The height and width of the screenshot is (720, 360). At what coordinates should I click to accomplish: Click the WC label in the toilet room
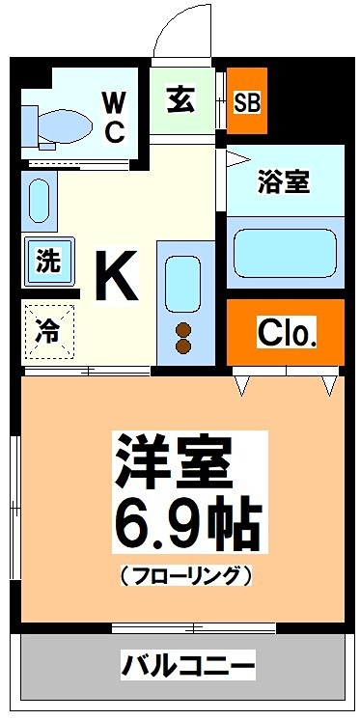point(114,117)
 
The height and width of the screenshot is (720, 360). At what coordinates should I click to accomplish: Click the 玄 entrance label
point(180,99)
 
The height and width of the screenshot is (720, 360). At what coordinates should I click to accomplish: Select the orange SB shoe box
point(248,101)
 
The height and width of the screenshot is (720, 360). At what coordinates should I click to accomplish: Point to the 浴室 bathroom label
point(284,181)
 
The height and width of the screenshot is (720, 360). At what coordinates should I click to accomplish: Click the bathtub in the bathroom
point(285,251)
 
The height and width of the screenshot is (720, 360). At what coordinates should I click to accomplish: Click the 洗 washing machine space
point(47,261)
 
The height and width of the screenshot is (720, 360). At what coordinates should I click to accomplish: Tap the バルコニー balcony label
point(188,665)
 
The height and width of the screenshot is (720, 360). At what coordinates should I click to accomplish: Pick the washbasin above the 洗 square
point(38,199)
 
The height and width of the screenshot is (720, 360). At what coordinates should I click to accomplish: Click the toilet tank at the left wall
point(28,124)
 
